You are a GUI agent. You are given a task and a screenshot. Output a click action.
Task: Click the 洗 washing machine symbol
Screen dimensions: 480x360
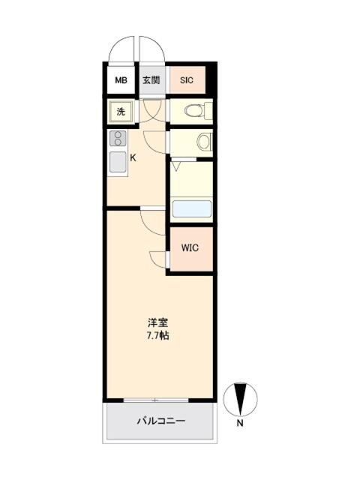(121, 112)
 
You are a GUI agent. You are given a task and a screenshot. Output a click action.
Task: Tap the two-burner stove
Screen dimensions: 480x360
(118, 139)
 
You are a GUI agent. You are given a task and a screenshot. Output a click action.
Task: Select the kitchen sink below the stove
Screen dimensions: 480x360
(118, 162)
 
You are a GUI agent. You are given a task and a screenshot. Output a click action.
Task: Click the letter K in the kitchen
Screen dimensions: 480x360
(133, 157)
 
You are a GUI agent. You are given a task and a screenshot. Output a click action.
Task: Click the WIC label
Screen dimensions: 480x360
(190, 249)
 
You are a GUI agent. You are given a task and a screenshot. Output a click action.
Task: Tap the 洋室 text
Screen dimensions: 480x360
(157, 323)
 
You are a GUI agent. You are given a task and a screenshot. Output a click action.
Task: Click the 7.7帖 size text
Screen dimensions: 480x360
(157, 335)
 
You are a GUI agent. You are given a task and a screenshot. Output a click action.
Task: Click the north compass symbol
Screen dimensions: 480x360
(241, 397)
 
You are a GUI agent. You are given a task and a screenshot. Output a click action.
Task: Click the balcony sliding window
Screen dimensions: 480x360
(157, 400)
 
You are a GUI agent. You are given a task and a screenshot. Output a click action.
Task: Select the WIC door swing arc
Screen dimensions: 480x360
(158, 257)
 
